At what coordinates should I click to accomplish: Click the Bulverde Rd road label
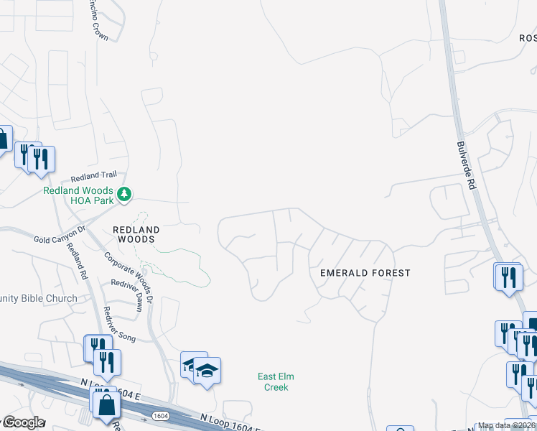click(x=467, y=164)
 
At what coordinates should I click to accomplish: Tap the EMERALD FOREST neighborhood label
click(x=365, y=273)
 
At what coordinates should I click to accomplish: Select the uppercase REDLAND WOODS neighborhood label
click(x=134, y=233)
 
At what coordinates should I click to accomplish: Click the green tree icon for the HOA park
click(x=125, y=193)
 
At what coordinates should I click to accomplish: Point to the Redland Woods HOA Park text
click(x=78, y=195)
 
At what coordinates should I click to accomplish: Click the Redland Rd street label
click(x=78, y=260)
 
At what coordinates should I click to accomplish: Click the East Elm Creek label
click(x=276, y=382)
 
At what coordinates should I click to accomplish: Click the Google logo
click(x=23, y=422)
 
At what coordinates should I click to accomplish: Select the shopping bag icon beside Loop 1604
click(x=106, y=404)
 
